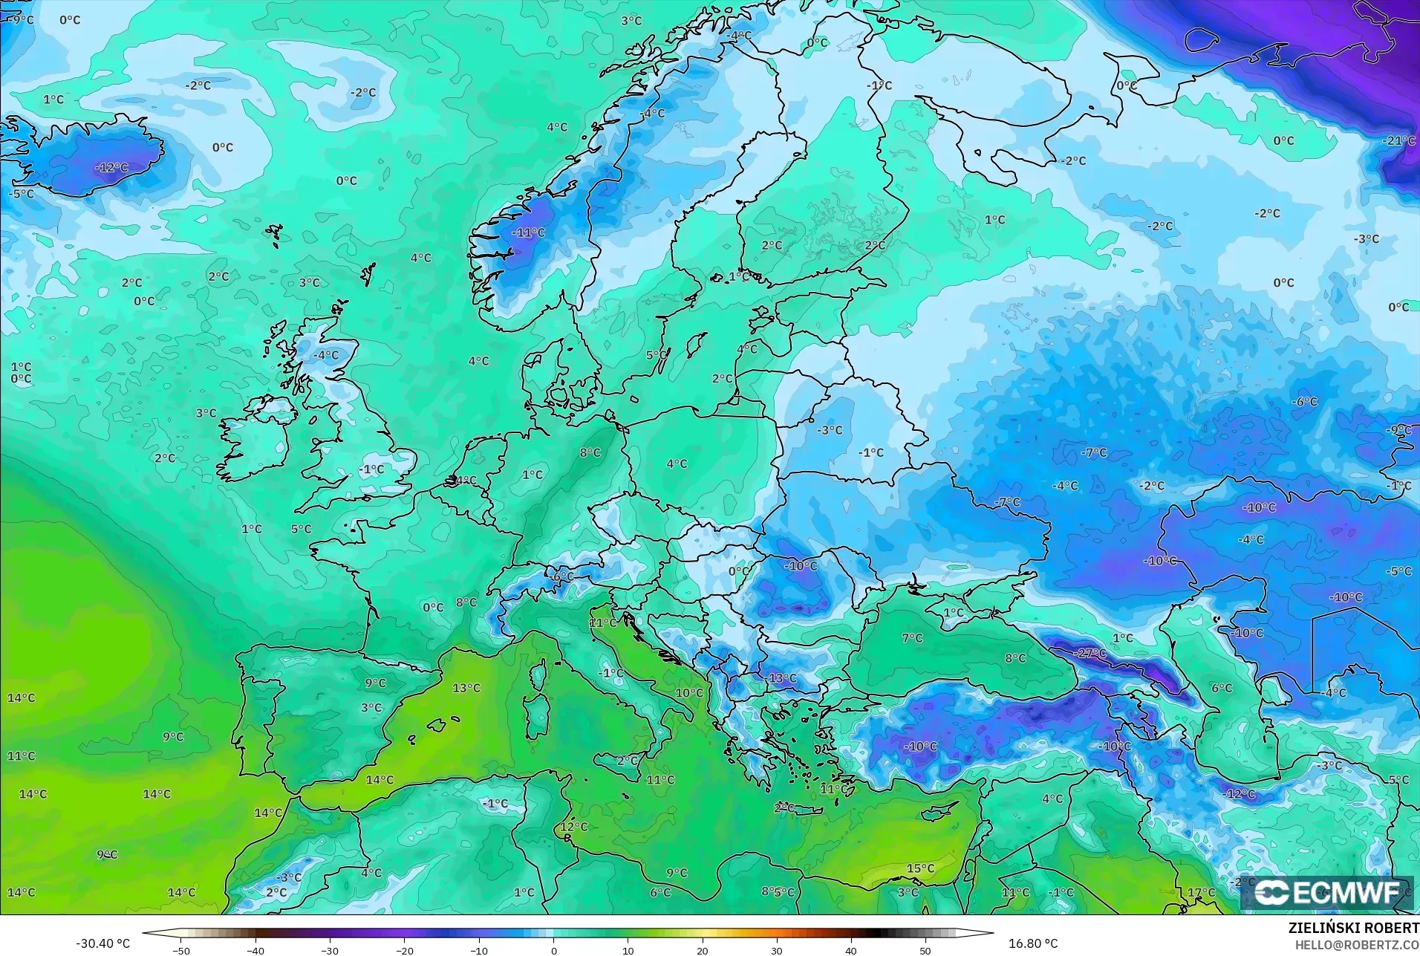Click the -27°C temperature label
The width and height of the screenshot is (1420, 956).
1090,654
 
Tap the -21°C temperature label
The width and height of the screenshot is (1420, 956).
1398,141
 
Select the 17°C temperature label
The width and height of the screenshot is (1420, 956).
1201,892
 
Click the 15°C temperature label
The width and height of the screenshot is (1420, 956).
920,868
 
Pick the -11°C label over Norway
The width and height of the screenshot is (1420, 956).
528,233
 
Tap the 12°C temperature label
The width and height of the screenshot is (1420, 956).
573,827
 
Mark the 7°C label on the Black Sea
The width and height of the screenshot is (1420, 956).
912,638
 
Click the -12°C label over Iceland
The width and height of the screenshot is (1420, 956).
111,168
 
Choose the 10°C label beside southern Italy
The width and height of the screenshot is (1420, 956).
689,693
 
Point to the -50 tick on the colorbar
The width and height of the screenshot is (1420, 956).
181,950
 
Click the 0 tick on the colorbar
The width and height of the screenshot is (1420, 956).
553,950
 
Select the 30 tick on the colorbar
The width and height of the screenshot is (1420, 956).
776,950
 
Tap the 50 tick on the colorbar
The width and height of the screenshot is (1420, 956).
925,950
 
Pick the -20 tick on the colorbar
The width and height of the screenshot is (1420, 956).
404,950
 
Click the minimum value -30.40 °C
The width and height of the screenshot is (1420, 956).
102,943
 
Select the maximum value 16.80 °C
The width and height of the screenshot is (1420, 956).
1032,943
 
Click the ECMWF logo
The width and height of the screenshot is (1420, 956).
1328,892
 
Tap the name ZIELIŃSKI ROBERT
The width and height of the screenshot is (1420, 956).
1353,929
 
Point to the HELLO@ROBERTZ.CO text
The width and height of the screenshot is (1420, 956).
1358,945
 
